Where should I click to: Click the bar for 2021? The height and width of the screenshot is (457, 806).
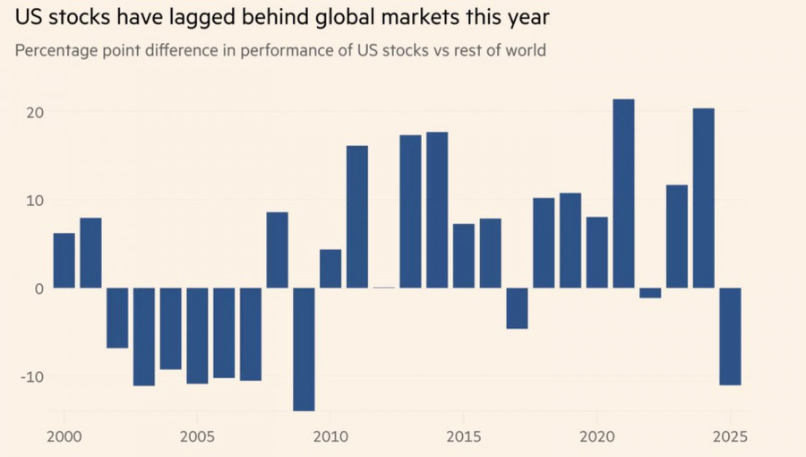tap(623, 194)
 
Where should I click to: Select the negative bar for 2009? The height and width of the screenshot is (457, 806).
tap(304, 349)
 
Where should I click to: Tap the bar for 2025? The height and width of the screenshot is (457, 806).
tap(730, 336)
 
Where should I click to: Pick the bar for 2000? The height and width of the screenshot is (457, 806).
tap(64, 261)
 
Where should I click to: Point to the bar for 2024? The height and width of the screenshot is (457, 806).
tap(703, 198)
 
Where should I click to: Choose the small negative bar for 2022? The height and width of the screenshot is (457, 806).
tap(650, 293)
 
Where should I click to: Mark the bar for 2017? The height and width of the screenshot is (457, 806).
tap(517, 308)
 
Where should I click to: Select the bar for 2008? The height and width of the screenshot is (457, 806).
tap(278, 250)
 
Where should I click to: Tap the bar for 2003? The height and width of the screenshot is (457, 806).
tap(144, 337)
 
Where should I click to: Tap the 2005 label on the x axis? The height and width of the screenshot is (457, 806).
tap(197, 440)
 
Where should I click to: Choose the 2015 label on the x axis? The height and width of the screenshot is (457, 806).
tap(463, 440)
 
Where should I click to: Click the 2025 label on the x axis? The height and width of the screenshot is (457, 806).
tap(730, 440)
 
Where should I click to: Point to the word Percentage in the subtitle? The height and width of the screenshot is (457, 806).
tap(56, 50)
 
